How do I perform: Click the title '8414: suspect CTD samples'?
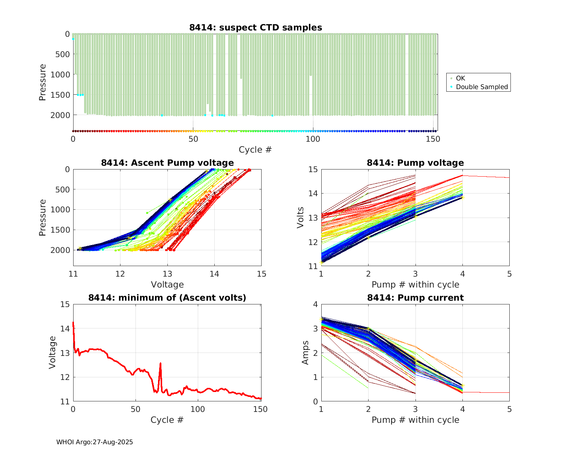(256, 27)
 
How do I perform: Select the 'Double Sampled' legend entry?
(482, 87)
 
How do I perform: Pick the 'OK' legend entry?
(460, 78)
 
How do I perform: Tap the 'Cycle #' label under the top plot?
(255, 150)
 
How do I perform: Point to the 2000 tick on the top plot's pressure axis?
(60, 115)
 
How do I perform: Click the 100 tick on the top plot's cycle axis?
(313, 139)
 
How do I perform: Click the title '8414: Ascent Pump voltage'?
(167, 163)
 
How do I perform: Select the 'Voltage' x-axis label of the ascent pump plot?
(167, 285)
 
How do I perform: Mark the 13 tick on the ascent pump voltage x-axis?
(167, 274)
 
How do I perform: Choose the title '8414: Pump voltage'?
(415, 163)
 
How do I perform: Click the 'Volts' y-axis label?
(300, 218)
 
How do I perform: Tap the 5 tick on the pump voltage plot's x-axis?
(509, 274)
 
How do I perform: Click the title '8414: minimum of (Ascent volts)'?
(167, 298)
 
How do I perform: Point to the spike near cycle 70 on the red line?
(161, 363)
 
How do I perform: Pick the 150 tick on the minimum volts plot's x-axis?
(260, 409)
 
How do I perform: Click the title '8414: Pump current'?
(415, 298)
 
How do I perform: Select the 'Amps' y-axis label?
(306, 353)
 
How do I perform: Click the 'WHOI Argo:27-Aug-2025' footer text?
(95, 442)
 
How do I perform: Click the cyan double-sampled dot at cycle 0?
(73, 39)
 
